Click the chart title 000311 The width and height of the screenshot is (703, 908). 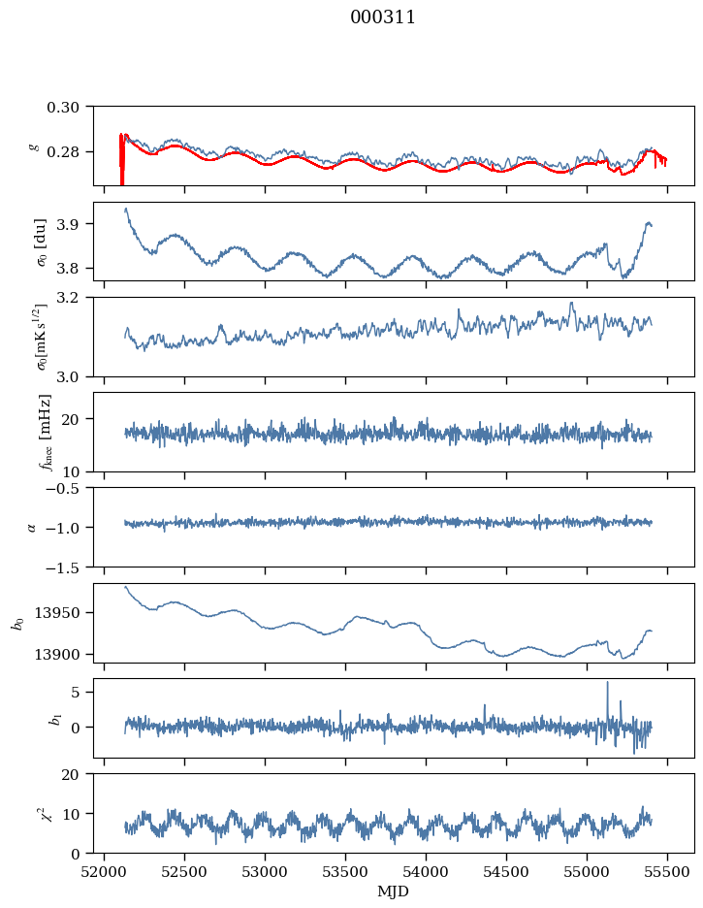pyautogui.click(x=383, y=17)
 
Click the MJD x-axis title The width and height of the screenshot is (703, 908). pyautogui.click(x=393, y=892)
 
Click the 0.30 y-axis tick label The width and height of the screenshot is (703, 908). pyautogui.click(x=69, y=106)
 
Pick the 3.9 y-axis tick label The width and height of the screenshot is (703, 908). pyautogui.click(x=75, y=224)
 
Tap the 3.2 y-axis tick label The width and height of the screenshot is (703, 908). pyautogui.click(x=75, y=298)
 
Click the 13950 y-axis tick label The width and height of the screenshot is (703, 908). pyautogui.click(x=63, y=613)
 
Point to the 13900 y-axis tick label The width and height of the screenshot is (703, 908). pyautogui.click(x=63, y=654)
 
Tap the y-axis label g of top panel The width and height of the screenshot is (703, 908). pyautogui.click(x=34, y=146)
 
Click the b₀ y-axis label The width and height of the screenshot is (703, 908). pyautogui.click(x=16, y=623)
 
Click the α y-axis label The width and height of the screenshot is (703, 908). pyautogui.click(x=32, y=527)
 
